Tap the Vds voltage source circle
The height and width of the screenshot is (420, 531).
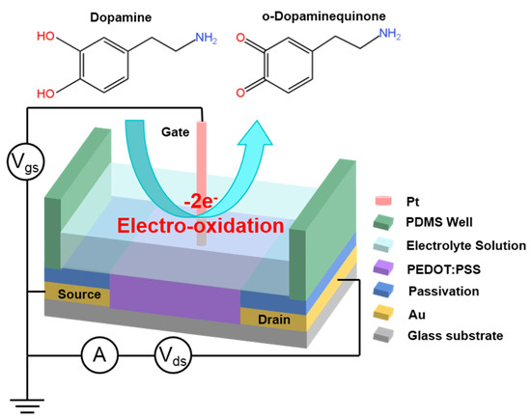[173, 356]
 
